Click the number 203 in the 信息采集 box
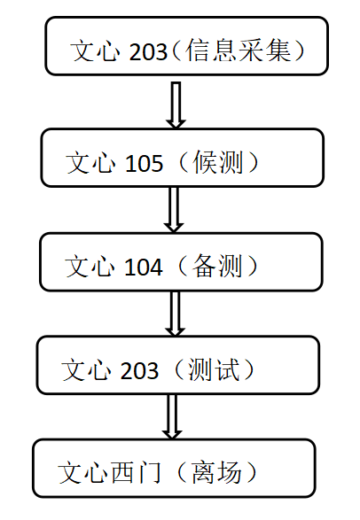pos(148,51)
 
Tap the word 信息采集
pos(239,50)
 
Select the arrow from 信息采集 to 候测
pos(176,105)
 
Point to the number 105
pos(145,163)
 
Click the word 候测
pos(217,162)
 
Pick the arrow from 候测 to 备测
pos(174,210)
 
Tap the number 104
pos(144,267)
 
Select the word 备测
pos(216,266)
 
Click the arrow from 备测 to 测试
pos(175,314)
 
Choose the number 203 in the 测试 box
pos(139,370)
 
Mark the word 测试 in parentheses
pos(214,369)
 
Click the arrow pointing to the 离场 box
pos(172,417)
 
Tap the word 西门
pos(136,472)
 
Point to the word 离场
pos(216,472)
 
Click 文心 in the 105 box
pos(90,162)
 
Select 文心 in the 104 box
pos(90,267)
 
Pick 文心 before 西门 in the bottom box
pos(83,472)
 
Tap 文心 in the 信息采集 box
pos(95,50)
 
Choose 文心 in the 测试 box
pos(86,369)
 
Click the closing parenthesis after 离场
pos(251,472)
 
